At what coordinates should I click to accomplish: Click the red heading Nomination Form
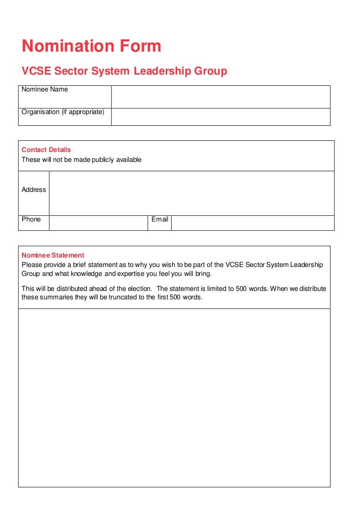[91, 46]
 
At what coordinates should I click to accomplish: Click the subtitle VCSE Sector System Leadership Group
[124, 71]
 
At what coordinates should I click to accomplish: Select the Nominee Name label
[45, 90]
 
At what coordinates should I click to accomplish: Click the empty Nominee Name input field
[220, 97]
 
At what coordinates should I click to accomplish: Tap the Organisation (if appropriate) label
[63, 112]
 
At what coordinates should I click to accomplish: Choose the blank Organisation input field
[220, 117]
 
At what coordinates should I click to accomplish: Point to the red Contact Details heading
[46, 150]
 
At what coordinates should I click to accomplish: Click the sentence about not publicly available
[81, 160]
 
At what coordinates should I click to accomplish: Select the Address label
[34, 190]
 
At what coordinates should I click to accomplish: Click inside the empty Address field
[191, 193]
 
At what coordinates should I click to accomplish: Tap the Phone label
[31, 220]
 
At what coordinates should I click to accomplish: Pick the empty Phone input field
[98, 223]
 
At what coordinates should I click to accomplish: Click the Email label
[159, 220]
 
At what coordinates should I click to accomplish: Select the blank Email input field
[252, 223]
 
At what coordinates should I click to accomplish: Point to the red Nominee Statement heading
[53, 255]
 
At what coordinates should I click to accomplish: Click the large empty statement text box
[174, 397]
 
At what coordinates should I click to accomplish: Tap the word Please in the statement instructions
[32, 265]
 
